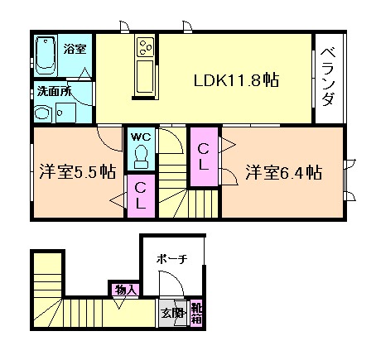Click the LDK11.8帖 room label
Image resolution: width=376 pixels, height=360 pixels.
235,81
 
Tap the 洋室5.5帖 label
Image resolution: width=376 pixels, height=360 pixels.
76,173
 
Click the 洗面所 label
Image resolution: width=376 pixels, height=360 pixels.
51,91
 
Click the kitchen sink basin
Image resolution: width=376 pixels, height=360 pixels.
144,76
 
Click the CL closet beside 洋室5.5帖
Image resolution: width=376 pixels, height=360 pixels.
142,196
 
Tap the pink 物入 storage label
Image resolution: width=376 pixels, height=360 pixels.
127,289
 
